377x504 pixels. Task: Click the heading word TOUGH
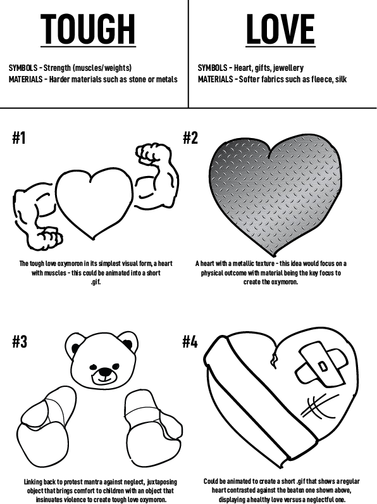click(x=88, y=29)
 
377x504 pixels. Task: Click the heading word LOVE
click(x=280, y=29)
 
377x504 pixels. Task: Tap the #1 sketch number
click(x=19, y=138)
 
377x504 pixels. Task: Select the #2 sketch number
click(x=190, y=138)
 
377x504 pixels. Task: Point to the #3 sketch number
click(x=20, y=341)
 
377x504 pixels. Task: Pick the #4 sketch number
click(x=190, y=341)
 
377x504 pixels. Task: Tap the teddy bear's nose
click(x=104, y=372)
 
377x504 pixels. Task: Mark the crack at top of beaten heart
click(x=275, y=356)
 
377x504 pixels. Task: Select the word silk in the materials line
click(x=341, y=79)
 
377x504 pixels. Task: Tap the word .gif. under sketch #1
click(x=96, y=282)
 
